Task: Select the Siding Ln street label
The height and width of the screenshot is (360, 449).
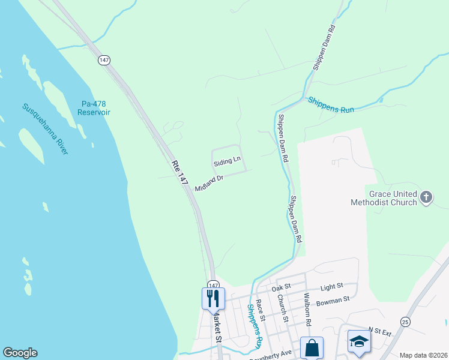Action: coord(228,160)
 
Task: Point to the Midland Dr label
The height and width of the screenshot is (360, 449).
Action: coord(209,183)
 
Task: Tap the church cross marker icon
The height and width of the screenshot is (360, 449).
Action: coord(426,197)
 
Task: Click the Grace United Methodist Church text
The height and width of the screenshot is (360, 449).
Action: coord(384,199)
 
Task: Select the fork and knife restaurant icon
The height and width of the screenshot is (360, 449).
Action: coord(213,297)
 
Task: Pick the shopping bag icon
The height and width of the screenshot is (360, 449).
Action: coord(312,347)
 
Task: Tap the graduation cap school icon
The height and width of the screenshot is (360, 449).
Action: coord(359,341)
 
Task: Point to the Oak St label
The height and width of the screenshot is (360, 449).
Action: coord(281,289)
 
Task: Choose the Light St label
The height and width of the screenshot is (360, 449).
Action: coord(331,287)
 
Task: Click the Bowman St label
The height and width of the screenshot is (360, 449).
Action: coord(334,299)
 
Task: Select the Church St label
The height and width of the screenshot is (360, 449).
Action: coord(282,310)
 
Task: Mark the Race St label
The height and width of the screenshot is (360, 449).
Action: coord(260,308)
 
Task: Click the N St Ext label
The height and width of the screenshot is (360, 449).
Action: coord(379,331)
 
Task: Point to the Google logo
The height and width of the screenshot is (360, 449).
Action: coord(20,353)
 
